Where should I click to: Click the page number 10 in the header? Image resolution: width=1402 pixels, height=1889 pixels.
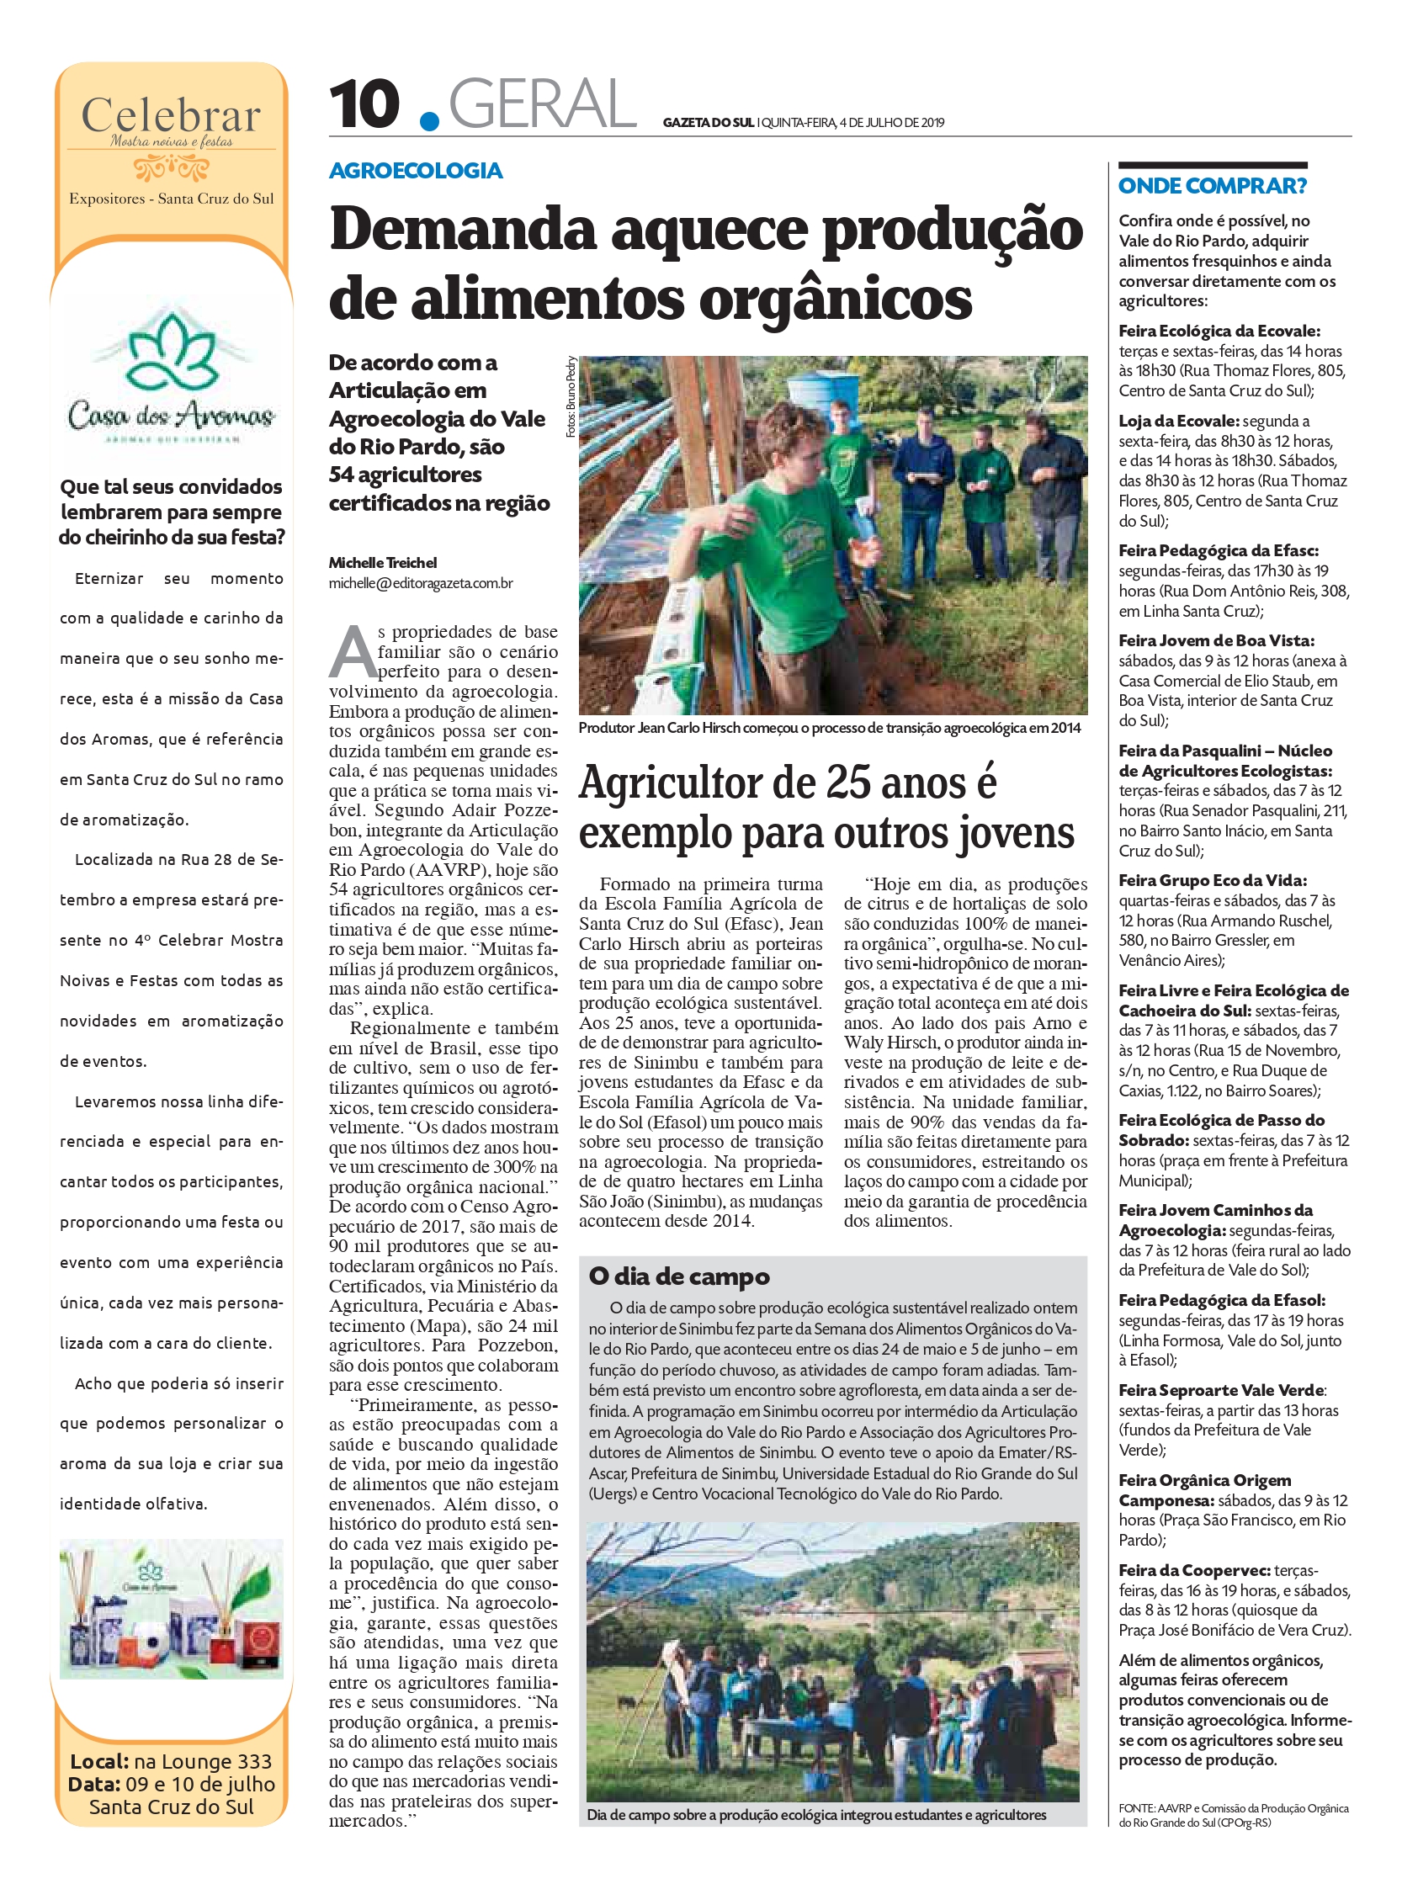[x=364, y=104]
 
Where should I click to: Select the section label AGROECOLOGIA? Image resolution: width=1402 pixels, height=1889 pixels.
[x=416, y=171]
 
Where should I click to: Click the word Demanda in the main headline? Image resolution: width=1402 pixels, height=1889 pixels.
[x=463, y=229]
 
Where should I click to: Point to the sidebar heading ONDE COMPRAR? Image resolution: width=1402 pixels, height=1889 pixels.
[x=1212, y=186]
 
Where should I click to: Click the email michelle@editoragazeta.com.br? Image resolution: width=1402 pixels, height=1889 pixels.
[x=421, y=583]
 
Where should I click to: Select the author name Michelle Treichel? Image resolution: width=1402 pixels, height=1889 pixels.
[x=383, y=563]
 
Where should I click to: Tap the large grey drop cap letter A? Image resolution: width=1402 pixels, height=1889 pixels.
[x=352, y=653]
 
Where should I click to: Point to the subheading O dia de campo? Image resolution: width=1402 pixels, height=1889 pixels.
[x=679, y=1276]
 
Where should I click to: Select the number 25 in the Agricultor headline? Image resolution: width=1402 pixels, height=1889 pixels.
[x=850, y=783]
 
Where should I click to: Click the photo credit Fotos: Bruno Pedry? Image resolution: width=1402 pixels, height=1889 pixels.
[x=571, y=396]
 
